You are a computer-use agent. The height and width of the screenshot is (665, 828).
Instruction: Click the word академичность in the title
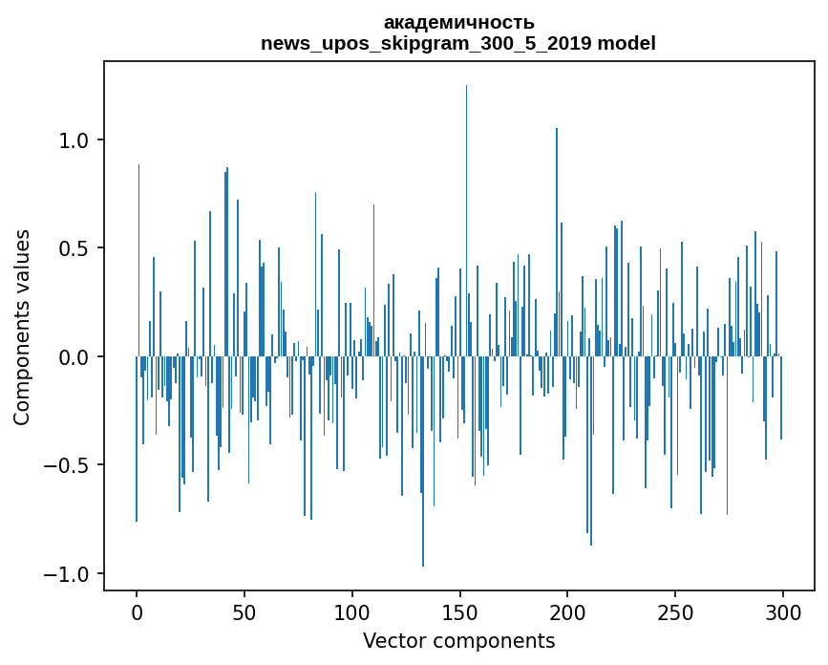458,22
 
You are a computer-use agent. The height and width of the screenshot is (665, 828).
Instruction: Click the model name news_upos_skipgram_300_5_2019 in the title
425,43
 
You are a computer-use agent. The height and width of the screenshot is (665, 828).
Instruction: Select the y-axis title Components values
22,327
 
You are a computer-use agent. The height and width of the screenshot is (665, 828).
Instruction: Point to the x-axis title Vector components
458,640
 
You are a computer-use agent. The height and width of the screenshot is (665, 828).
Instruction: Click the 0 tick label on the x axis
137,611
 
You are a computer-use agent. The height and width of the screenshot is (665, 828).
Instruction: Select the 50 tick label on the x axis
244,611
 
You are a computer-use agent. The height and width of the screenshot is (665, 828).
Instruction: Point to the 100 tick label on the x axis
352,611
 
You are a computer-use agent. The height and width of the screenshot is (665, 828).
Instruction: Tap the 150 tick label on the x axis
460,611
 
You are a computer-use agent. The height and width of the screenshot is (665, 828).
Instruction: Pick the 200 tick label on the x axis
568,611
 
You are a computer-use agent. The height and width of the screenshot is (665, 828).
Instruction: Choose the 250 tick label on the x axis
676,611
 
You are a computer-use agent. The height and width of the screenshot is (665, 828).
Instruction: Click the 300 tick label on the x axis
783,611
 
